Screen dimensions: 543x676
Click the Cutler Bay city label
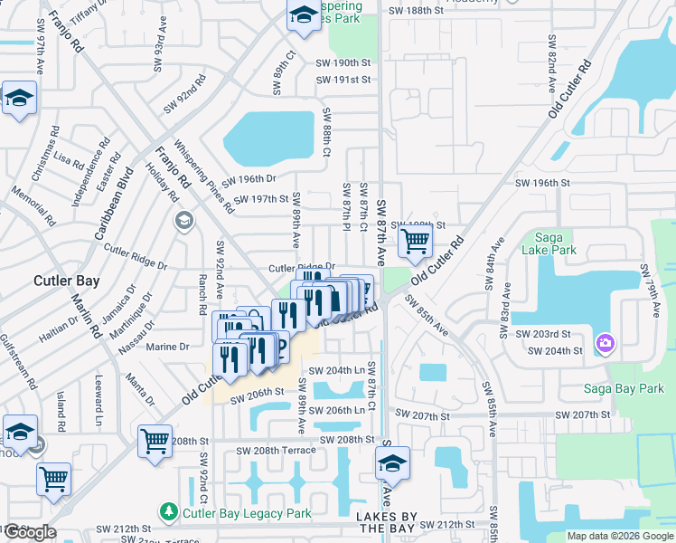[67, 281]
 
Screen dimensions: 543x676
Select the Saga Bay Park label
[624, 388]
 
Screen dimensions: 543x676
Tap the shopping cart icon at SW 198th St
[415, 242]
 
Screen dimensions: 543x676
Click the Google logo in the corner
[30, 532]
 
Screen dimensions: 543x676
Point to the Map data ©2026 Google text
[619, 536]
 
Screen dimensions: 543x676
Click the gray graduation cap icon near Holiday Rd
[183, 221]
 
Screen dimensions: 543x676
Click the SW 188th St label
[416, 11]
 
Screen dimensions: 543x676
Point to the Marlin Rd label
[87, 312]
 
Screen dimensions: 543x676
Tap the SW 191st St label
[343, 80]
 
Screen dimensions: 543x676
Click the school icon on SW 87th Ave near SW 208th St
[392, 464]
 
